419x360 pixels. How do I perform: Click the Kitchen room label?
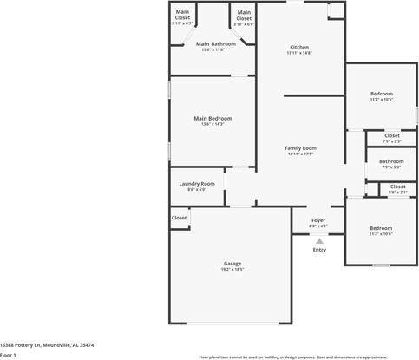pos(298,47)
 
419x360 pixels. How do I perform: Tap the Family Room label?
pos(300,148)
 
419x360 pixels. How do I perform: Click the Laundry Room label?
pos(197,183)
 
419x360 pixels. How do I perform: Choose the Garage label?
pos(232,263)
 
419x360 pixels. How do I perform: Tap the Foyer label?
pos(318,220)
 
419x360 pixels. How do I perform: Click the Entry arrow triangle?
pos(318,240)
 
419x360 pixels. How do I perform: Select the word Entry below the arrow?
pos(319,250)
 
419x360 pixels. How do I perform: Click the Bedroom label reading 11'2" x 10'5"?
pos(382,94)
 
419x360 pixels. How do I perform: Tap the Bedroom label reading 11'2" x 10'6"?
pos(381,228)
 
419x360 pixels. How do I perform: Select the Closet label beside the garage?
pos(179,217)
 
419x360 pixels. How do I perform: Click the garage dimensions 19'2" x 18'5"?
pos(232,270)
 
